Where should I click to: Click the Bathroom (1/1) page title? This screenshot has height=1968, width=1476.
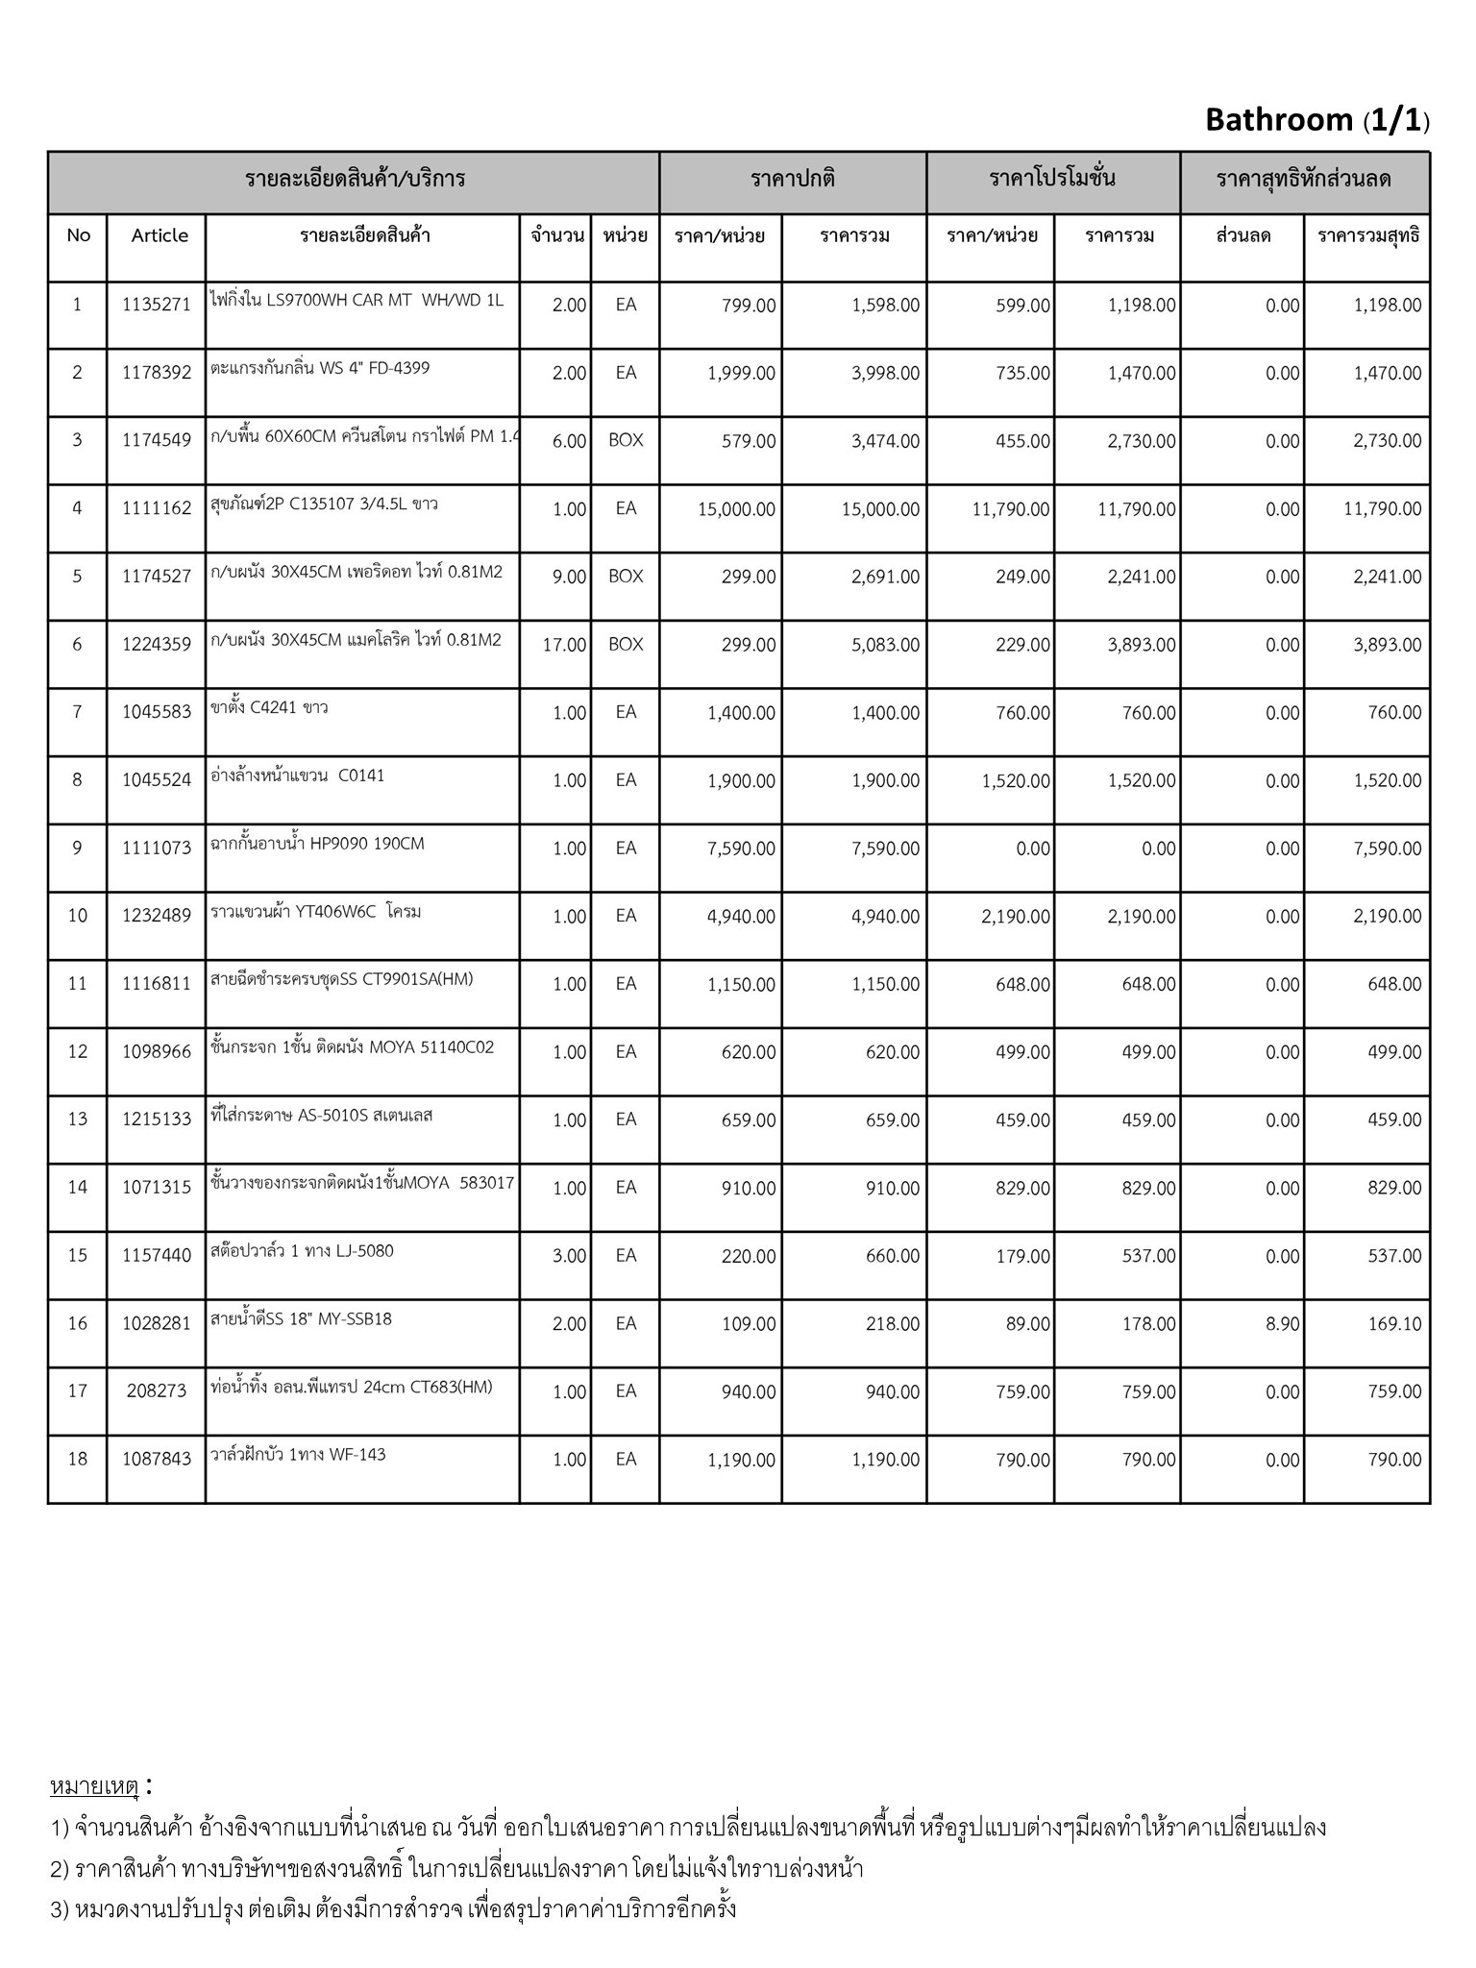coord(1316,120)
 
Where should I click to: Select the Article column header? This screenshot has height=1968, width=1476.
coord(160,235)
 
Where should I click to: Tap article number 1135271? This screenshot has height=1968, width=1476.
coord(157,306)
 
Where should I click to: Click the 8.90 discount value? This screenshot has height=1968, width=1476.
coord(1282,1324)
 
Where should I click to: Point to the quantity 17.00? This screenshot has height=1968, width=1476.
coord(564,645)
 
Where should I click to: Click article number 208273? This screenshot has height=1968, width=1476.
coord(157,1391)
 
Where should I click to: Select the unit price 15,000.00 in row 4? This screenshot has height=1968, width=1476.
coord(736,509)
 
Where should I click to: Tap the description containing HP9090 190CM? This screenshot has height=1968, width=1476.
coord(318,845)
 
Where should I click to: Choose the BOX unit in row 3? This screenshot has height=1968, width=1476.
coord(626,441)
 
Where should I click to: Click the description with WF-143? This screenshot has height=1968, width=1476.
coord(299,1455)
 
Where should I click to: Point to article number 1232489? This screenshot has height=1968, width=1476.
coord(157,916)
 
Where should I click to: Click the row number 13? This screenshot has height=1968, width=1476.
coord(78,1119)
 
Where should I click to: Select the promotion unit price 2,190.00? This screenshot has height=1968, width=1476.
coord(1015,917)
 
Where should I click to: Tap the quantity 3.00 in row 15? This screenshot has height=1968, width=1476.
coord(569,1256)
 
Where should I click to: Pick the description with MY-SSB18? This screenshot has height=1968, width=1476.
coord(302,1319)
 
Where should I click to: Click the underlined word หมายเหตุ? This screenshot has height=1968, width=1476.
coord(94,1787)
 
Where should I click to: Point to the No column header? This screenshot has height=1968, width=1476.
coord(78,235)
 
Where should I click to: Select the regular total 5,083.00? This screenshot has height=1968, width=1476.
coord(885,645)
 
